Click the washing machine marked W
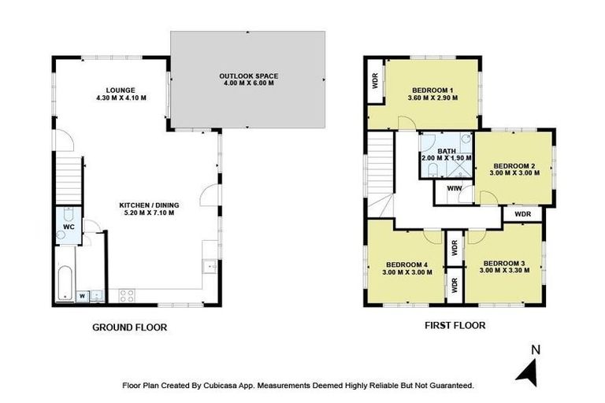(82, 296)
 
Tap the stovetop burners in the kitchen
(126, 295)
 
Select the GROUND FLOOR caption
(130, 327)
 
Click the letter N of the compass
(536, 349)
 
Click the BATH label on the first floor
(447, 150)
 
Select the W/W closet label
(454, 190)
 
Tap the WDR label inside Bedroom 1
(375, 81)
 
